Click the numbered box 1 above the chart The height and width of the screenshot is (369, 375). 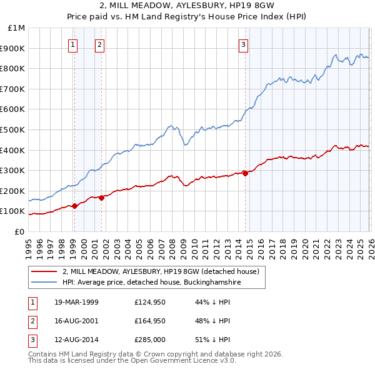click(74, 44)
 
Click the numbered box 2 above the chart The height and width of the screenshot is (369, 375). click(100, 44)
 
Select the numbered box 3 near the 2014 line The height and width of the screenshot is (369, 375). click(243, 44)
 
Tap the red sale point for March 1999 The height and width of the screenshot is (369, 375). click(74, 206)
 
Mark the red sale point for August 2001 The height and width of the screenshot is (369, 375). click(101, 198)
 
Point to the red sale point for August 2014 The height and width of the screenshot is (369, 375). click(245, 173)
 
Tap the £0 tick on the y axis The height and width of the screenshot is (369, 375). click(19, 231)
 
